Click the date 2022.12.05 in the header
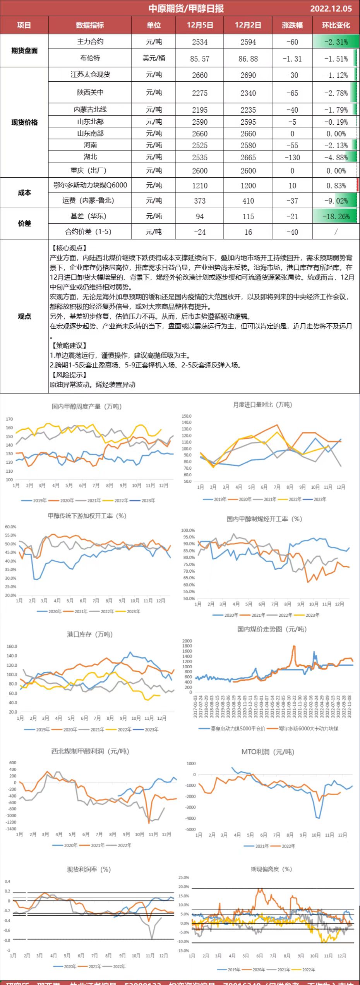(x=331, y=9)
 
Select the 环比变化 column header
(x=336, y=25)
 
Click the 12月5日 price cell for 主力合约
(x=200, y=42)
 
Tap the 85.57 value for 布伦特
(x=200, y=59)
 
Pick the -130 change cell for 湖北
(x=292, y=158)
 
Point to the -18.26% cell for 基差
(x=336, y=216)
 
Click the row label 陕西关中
(x=90, y=92)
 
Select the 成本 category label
(x=24, y=192)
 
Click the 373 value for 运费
(x=200, y=201)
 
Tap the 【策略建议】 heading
(x=69, y=345)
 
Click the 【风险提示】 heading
(x=69, y=375)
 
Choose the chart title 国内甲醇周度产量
(x=86, y=406)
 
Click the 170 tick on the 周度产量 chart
(x=9, y=419)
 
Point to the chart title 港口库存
(x=89, y=634)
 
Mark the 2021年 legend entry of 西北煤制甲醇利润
(x=98, y=845)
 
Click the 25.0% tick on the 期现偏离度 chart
(x=183, y=877)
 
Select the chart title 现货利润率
(x=89, y=870)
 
